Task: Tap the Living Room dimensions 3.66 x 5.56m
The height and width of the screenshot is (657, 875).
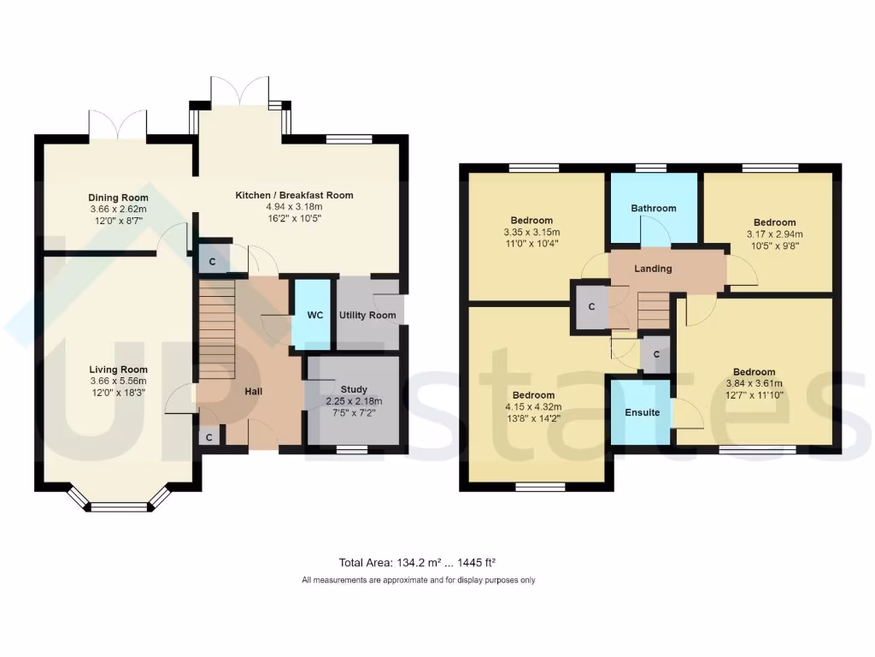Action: click(x=118, y=381)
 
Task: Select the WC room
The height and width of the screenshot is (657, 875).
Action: click(x=315, y=315)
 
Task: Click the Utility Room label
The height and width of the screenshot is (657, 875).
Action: click(x=367, y=315)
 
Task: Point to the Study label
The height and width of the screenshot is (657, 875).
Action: click(x=354, y=389)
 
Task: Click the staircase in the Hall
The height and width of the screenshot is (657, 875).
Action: click(x=216, y=329)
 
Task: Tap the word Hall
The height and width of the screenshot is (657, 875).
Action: click(x=253, y=392)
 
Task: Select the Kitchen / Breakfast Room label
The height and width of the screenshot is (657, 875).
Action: click(x=294, y=195)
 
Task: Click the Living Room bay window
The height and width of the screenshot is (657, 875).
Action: click(x=120, y=506)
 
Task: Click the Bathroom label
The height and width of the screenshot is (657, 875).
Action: click(x=654, y=208)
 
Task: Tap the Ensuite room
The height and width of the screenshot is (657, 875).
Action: click(x=642, y=412)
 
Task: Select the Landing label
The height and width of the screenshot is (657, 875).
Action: click(x=653, y=269)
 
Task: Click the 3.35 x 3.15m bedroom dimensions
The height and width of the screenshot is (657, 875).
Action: click(x=531, y=232)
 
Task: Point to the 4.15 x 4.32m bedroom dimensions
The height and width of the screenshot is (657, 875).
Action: click(x=534, y=406)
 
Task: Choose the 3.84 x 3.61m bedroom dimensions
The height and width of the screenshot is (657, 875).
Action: click(x=754, y=383)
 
